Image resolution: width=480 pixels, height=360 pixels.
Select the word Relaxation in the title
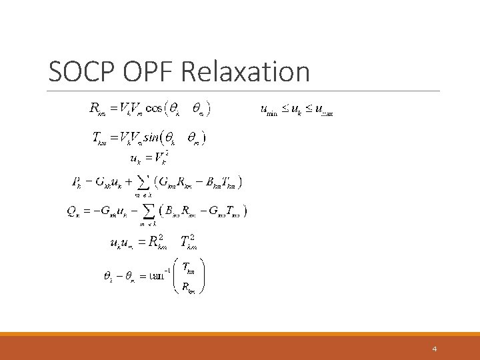pos(245,72)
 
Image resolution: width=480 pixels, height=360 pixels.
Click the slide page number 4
pos(434,349)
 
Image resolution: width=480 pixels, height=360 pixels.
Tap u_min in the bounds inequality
pos(269,110)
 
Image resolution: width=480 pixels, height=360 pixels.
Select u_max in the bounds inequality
pos(323,110)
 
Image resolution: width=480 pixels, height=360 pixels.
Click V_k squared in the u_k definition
pos(160,159)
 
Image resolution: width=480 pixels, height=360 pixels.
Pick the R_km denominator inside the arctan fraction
pos(188,287)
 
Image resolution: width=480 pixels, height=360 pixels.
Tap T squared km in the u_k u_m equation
pos(189,243)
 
